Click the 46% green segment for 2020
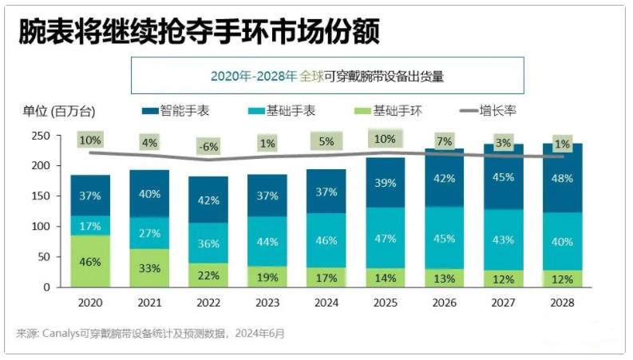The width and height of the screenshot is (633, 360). (90, 261)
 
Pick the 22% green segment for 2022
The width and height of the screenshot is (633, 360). (208, 275)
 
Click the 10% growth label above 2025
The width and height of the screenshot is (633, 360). (386, 138)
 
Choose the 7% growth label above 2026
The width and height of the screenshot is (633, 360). (444, 140)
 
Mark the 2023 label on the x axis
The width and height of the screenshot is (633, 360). (267, 303)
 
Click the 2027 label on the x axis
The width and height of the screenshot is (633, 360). (503, 303)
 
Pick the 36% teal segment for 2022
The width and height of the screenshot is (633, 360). (208, 243)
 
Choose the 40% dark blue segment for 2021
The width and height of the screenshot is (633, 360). (149, 194)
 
